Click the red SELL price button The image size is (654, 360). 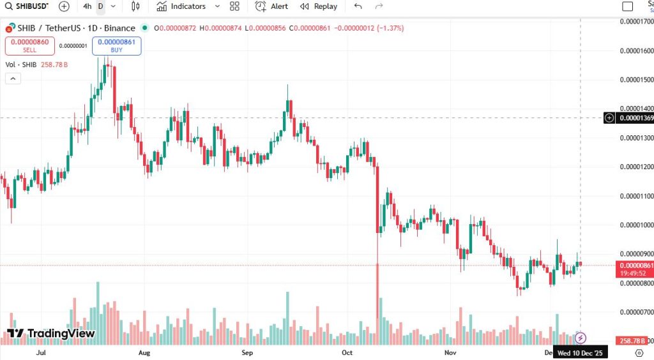coord(29,46)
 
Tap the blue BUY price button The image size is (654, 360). coord(116,46)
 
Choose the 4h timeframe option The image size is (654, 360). coord(87,6)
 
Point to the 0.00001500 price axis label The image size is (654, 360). coord(637,80)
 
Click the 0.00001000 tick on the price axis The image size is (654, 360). coord(637,225)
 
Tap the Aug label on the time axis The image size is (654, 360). coord(144,352)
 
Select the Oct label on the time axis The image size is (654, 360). coord(347,352)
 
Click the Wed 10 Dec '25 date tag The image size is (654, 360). coord(580,352)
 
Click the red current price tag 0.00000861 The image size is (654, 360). coord(635,266)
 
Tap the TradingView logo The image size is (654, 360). coord(51,333)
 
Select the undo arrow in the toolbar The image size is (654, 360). coord(358,6)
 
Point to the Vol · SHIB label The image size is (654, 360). coord(20,65)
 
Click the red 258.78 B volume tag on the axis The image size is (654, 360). coord(634,341)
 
